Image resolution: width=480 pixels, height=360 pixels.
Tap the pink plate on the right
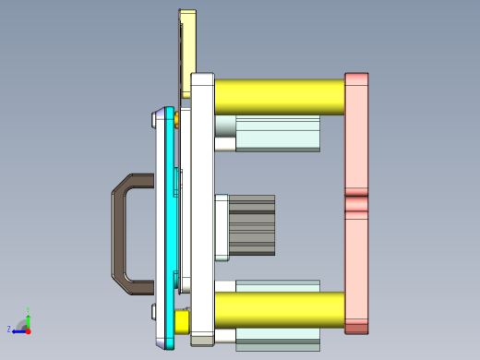[x=356, y=148]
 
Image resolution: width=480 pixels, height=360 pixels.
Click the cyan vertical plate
[x=169, y=231]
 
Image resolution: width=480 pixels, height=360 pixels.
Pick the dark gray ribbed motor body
[x=252, y=225]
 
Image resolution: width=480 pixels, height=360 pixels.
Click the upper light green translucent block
[x=277, y=134]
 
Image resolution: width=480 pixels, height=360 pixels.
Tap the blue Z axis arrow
[x=18, y=330]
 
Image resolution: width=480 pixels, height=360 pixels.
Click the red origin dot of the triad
[x=29, y=329]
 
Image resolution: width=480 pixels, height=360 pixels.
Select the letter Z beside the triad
[x=9, y=329]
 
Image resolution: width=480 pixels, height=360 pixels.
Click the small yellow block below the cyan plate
[x=182, y=320]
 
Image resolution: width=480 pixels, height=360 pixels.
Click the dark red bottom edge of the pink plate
[x=356, y=327]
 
